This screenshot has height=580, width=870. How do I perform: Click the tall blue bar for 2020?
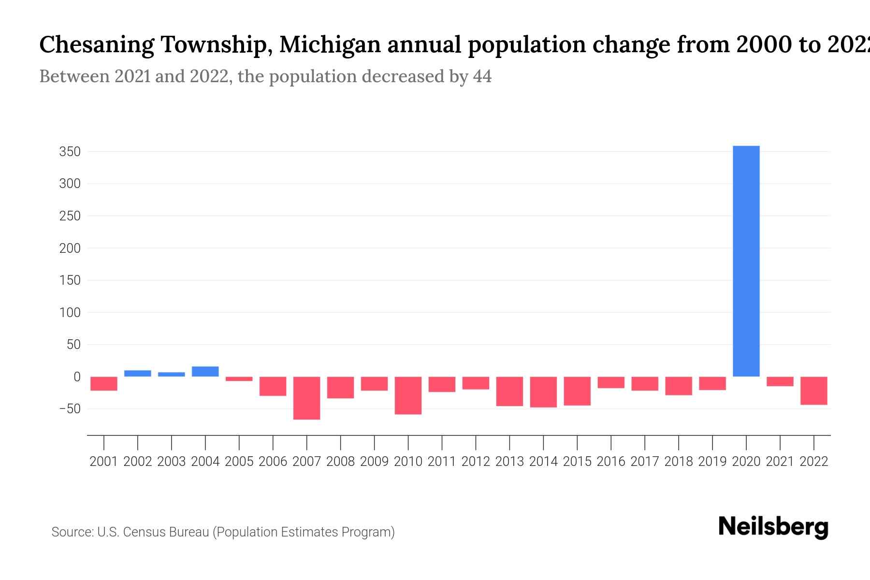746,261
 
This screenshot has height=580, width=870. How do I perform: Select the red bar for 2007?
306,398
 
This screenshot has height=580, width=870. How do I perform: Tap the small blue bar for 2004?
205,371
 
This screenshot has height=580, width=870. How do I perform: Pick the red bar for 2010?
408,395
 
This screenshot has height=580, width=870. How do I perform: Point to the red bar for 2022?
814,391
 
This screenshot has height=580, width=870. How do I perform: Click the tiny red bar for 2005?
239,379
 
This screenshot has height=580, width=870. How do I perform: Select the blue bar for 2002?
138,373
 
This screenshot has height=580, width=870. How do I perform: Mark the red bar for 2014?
543,392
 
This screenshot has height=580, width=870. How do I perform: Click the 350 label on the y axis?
70,152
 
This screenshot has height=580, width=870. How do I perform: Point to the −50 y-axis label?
70,409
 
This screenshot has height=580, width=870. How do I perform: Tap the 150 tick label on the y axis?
70,280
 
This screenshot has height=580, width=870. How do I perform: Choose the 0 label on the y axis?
76,377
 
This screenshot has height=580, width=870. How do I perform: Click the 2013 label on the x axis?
509,462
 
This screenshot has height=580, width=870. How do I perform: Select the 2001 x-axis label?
104,462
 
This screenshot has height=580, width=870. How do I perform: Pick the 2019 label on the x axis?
712,462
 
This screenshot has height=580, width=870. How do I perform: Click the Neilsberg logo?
773,527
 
